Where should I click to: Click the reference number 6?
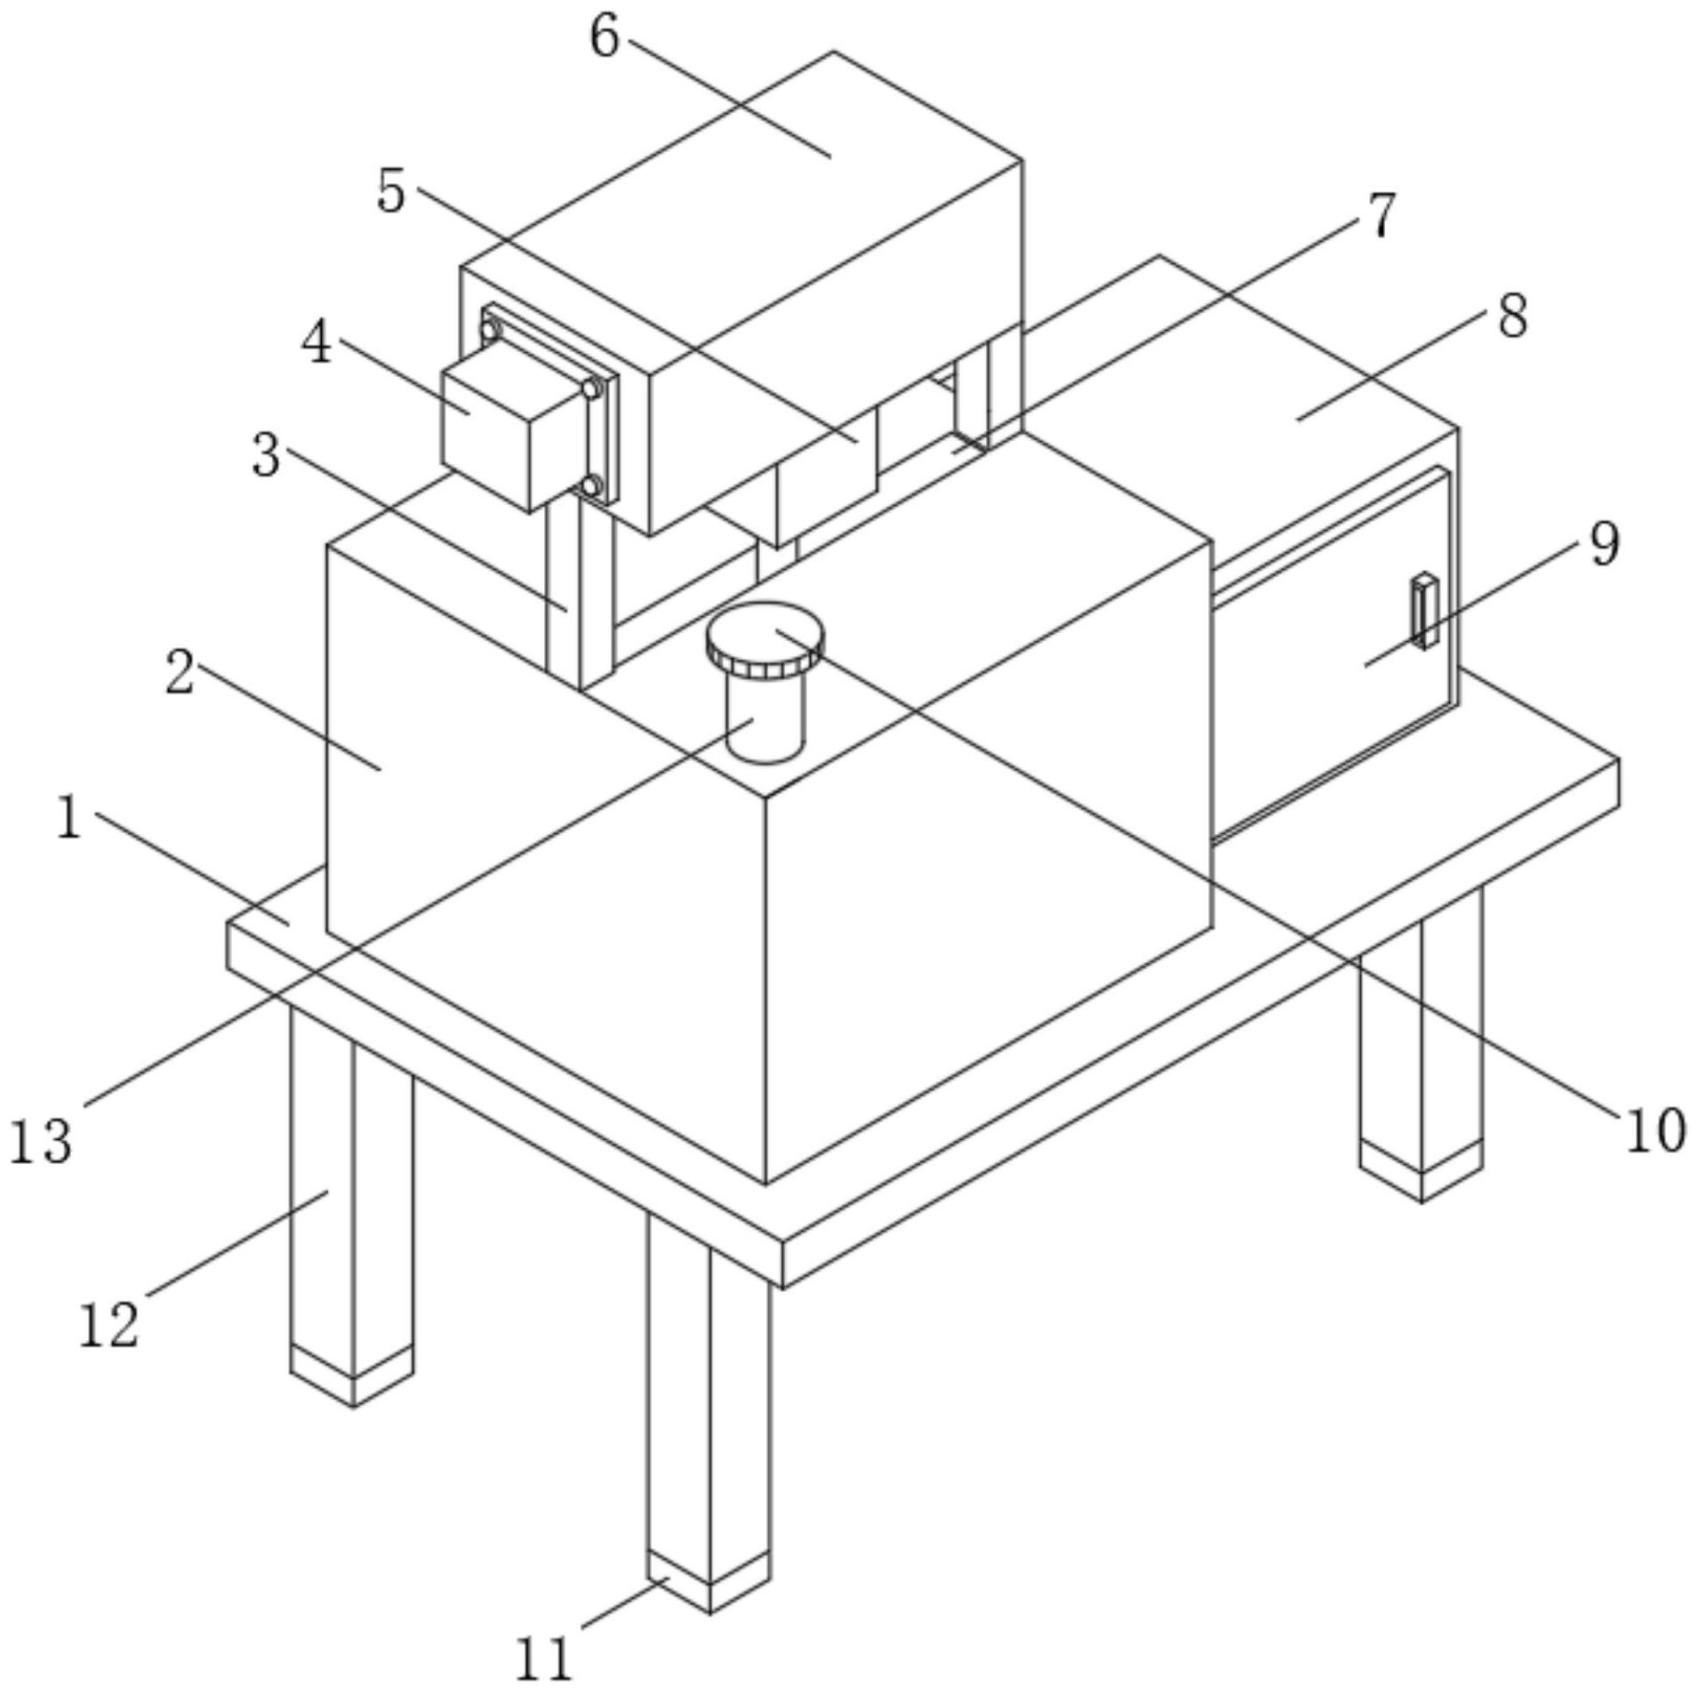point(605,38)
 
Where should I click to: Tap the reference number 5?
point(391,191)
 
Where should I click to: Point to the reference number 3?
point(266,456)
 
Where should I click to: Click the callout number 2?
point(180,673)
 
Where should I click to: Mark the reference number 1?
point(69,818)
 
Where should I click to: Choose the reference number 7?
point(1381,215)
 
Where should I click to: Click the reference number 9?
point(1604,543)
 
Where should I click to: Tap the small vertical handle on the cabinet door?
point(1425,609)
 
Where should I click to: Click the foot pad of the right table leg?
point(1422,1169)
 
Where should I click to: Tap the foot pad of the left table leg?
point(352,1374)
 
